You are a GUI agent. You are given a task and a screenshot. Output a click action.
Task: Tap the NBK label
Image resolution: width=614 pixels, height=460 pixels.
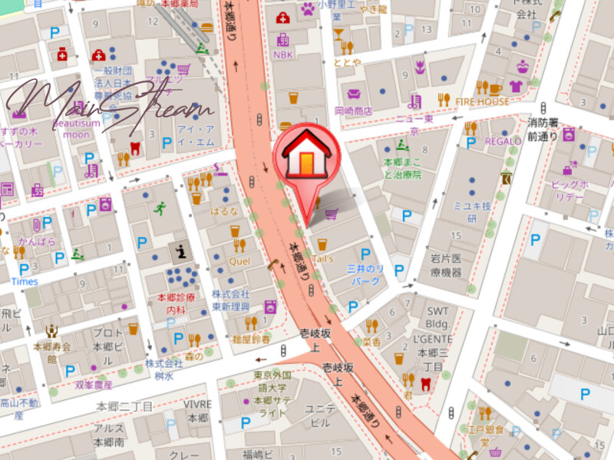pyautogui.click(x=283, y=55)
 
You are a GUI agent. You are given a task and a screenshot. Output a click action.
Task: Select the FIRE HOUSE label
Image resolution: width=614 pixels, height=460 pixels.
pyautogui.click(x=482, y=102)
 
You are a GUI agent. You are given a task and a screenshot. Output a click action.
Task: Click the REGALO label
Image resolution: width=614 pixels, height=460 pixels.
pyautogui.click(x=503, y=141)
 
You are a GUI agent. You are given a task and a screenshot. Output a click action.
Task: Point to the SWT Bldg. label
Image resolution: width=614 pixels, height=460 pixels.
pyautogui.click(x=437, y=317)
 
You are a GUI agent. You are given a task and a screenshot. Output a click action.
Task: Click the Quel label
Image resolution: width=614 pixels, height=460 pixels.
pyautogui.click(x=239, y=261)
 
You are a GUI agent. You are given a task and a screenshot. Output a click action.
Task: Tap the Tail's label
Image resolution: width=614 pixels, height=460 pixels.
pyautogui.click(x=323, y=259)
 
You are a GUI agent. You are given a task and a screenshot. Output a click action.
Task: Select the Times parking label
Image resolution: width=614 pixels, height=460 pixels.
pyautogui.click(x=25, y=281)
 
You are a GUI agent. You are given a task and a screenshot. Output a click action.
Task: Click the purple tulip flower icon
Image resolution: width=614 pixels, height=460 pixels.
pyautogui.click(x=419, y=67)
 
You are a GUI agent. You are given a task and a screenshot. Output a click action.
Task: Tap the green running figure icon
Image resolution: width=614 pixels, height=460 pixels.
pyautogui.click(x=160, y=208)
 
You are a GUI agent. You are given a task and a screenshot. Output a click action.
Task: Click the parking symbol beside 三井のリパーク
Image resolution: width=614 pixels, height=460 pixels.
pyautogui.click(x=365, y=254)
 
